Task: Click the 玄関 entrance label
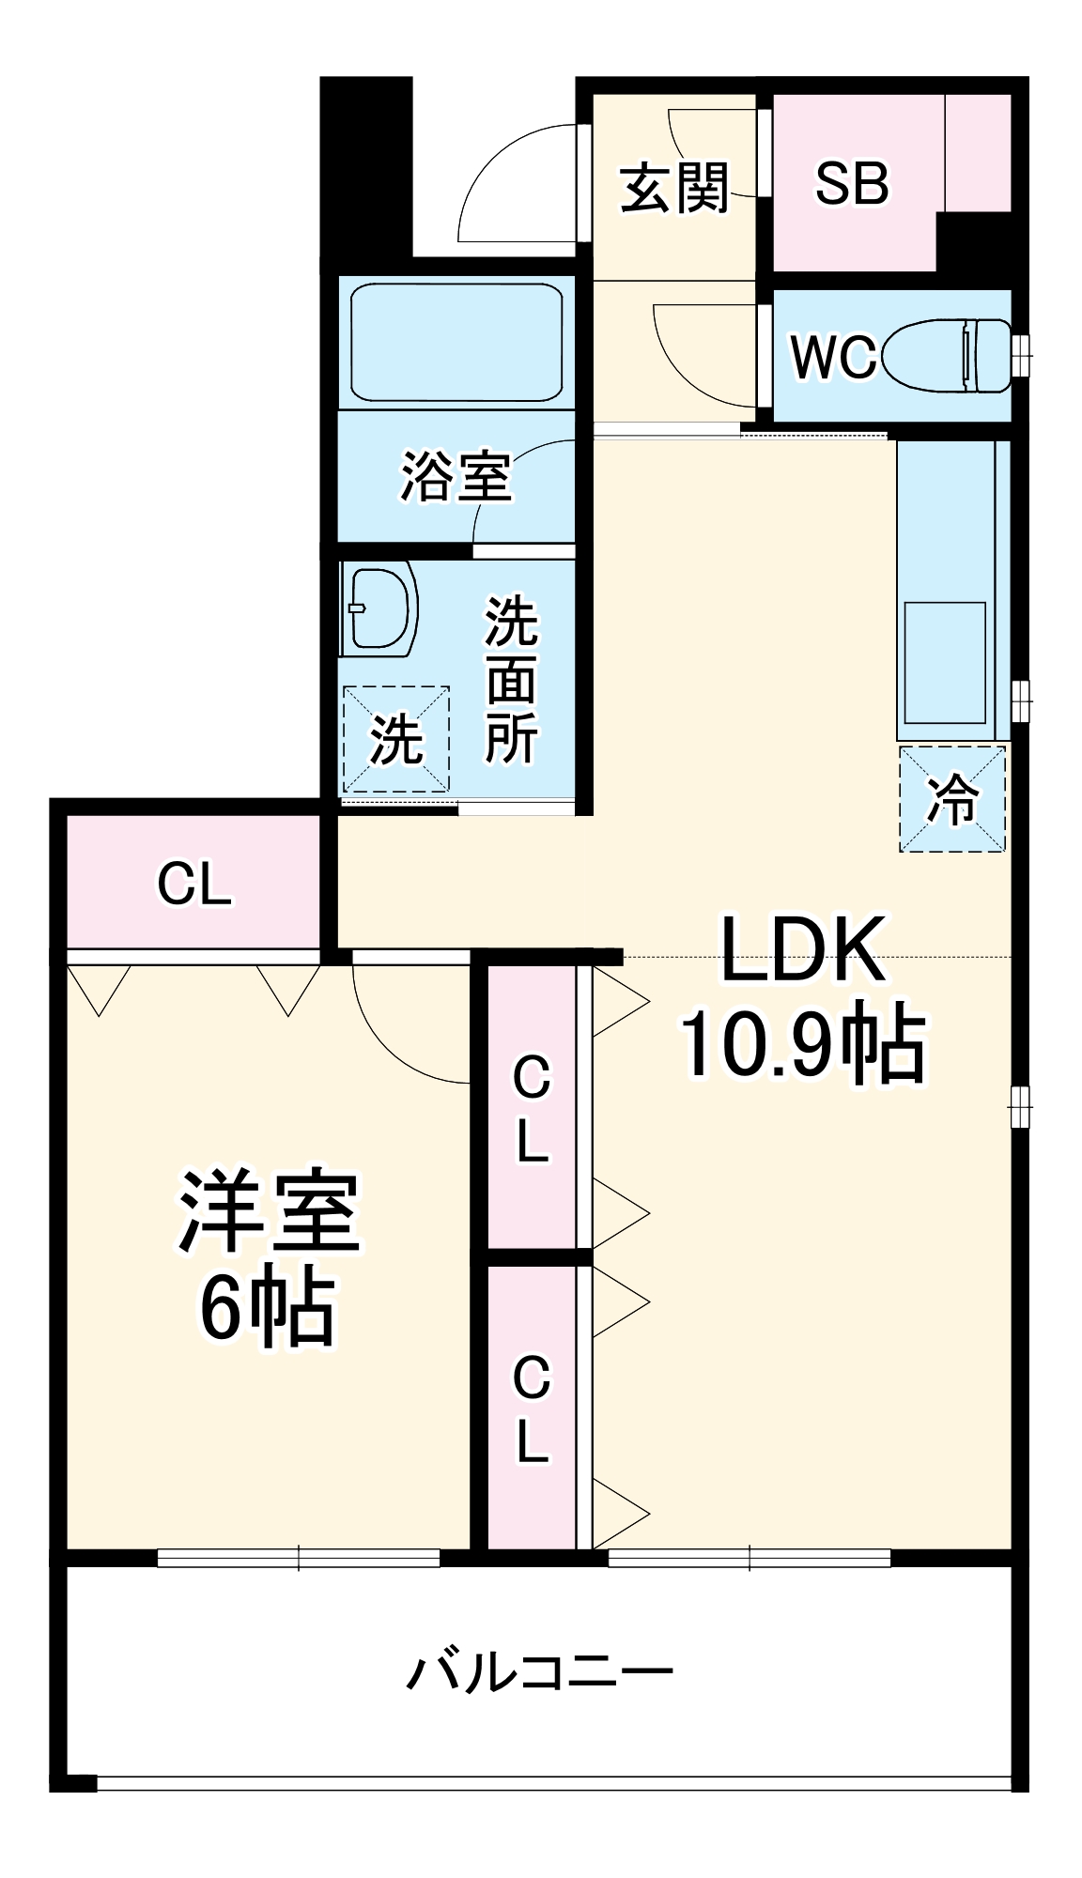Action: (x=674, y=188)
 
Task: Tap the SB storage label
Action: (x=851, y=184)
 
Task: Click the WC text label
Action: (x=832, y=358)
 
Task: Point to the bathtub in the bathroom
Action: (x=456, y=343)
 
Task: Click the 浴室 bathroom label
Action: (x=456, y=476)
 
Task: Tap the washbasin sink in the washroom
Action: (x=379, y=608)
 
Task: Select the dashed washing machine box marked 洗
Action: (x=395, y=739)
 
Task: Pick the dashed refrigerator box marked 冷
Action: (x=952, y=799)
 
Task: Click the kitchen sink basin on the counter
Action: (x=944, y=662)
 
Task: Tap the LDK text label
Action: (x=802, y=950)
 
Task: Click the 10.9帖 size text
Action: (x=802, y=1042)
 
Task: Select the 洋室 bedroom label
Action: (x=269, y=1212)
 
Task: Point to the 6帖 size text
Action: (x=267, y=1309)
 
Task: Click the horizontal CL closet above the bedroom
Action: (x=193, y=884)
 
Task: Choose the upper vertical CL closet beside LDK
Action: (x=532, y=1109)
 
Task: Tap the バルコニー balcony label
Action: (x=540, y=1672)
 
